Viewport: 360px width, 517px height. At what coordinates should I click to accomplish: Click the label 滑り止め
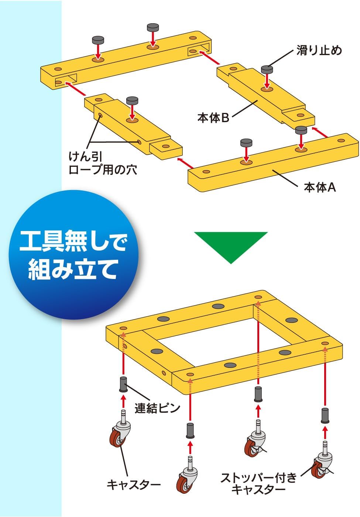point(319,50)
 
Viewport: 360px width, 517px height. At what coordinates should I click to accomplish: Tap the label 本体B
point(213,118)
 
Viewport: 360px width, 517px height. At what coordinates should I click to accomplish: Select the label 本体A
point(320,187)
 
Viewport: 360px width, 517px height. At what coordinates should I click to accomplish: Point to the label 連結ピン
point(157,408)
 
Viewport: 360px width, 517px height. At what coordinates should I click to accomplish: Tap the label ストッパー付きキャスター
point(258,483)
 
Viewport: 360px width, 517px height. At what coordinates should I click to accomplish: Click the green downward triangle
point(231,245)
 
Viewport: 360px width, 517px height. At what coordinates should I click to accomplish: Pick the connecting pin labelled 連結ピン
point(123,385)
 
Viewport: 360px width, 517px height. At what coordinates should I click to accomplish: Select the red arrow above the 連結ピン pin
point(123,354)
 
